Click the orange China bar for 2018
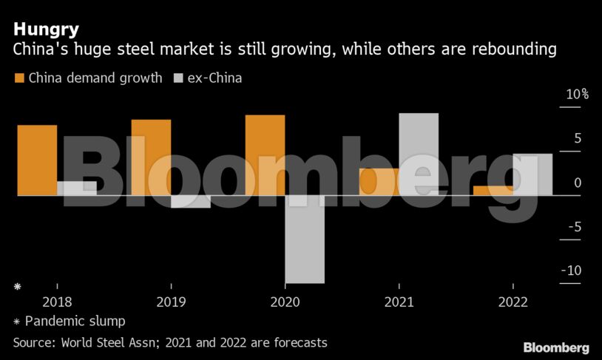(x=37, y=160)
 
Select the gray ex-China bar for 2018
(x=77, y=189)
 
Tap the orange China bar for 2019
(x=151, y=157)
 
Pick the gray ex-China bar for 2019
(x=191, y=201)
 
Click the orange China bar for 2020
(x=265, y=155)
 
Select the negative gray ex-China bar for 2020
(x=305, y=239)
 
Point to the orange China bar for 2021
(x=379, y=182)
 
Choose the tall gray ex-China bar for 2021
(x=419, y=154)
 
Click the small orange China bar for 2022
(x=493, y=191)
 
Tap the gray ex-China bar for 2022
(x=532, y=174)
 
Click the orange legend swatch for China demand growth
(x=19, y=78)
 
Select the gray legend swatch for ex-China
(x=179, y=78)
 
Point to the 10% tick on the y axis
(x=576, y=95)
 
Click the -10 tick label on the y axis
(x=571, y=271)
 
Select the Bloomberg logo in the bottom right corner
(x=556, y=347)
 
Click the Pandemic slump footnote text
(x=75, y=322)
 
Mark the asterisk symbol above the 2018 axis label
(x=17, y=285)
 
